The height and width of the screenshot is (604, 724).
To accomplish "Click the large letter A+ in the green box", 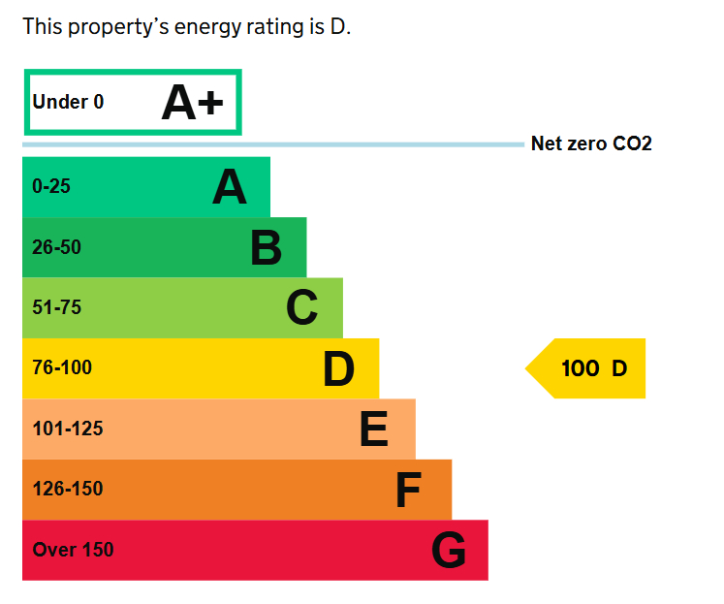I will [192, 103].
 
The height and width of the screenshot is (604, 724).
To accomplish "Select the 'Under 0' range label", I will [68, 102].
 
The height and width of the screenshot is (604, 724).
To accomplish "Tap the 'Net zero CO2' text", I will [591, 144].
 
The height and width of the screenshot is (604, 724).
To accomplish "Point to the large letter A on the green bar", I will [230, 187].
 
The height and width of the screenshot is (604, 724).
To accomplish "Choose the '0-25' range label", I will [51, 187].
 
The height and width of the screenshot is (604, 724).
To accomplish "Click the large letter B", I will [266, 248].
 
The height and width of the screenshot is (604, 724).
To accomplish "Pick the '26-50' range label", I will [56, 247].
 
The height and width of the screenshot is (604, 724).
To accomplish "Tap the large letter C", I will [301, 308].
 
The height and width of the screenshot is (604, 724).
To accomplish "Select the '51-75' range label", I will [56, 308].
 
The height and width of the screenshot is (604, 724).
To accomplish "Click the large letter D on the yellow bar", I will [338, 369].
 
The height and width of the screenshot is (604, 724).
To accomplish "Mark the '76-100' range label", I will [61, 368].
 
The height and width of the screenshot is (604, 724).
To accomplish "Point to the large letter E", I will [373, 429].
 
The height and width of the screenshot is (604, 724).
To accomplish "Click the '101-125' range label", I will [67, 429].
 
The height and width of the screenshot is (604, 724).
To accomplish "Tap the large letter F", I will [408, 491].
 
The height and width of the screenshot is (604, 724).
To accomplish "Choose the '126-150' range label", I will [67, 489].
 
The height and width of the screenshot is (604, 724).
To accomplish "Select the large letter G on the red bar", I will [448, 551].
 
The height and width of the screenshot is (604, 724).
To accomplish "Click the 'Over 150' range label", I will [73, 550].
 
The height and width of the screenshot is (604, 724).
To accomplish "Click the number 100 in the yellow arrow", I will [581, 368].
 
